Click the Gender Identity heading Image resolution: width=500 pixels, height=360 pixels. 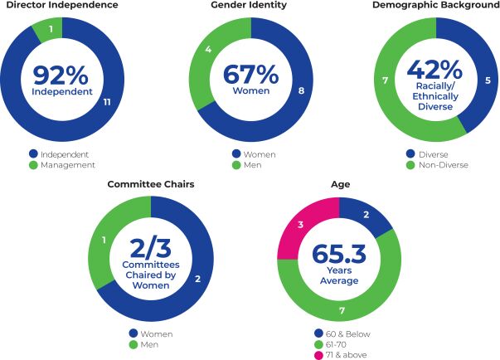tap(249, 6)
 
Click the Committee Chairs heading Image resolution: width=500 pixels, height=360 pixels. tap(151, 184)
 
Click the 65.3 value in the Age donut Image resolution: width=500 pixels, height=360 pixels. tap(339, 255)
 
